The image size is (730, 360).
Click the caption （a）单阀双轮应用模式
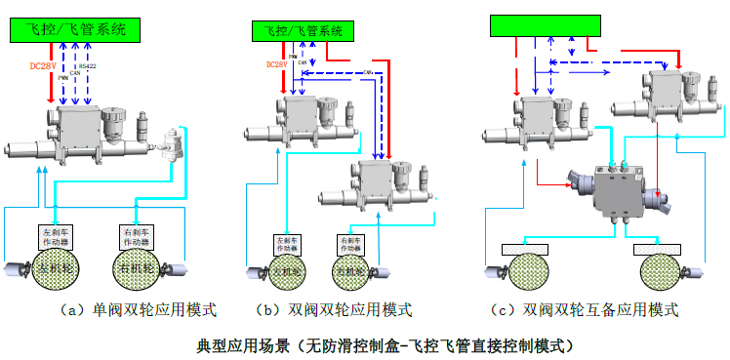coord(138,310)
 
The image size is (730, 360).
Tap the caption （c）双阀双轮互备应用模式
coord(586,310)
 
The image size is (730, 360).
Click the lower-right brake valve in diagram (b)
coord(376,182)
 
